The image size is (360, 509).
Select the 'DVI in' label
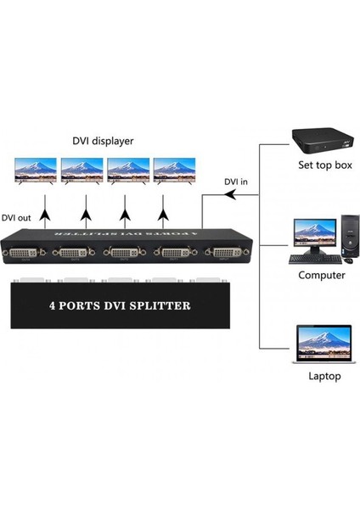coord(237,181)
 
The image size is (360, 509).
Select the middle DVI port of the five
coord(128,254)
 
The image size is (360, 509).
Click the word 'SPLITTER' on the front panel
coord(160,305)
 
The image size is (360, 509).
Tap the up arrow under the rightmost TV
coord(163,203)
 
